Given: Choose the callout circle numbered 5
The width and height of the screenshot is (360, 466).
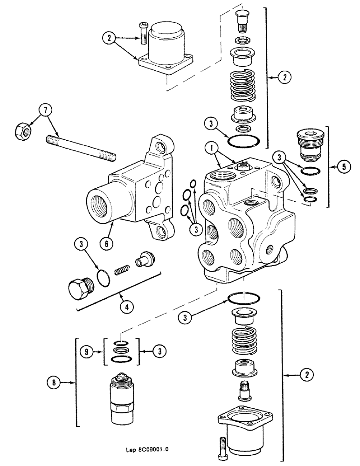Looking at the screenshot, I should point(343,166).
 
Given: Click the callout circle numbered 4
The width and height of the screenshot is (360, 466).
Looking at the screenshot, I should point(125,306).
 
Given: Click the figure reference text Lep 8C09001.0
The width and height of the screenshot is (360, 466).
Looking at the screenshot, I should point(146,450).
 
